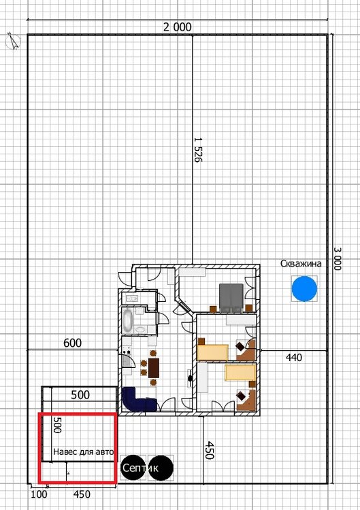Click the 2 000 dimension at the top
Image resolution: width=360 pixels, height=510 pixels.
(x=178, y=27)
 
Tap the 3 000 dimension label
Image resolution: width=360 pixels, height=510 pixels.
(x=338, y=258)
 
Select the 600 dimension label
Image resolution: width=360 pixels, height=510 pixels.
(x=73, y=343)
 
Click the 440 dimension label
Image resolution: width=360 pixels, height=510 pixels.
(x=293, y=358)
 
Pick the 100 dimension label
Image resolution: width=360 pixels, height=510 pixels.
(x=39, y=494)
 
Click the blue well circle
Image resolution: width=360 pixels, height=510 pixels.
(x=304, y=288)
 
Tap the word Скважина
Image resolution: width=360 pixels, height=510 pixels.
(x=301, y=263)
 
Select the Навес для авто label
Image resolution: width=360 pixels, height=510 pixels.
(x=83, y=452)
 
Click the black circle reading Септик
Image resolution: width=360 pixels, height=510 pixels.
(x=133, y=468)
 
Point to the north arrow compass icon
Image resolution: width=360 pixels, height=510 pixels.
(x=14, y=41)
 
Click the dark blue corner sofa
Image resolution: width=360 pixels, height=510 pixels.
(x=140, y=399)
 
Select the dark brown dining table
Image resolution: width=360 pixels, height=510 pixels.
(x=154, y=368)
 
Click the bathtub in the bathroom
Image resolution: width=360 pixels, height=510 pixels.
(x=127, y=321)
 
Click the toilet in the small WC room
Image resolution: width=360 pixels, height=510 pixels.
(x=132, y=299)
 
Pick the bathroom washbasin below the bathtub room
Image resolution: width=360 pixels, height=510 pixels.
(x=141, y=329)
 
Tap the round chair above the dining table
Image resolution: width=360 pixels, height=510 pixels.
(x=153, y=353)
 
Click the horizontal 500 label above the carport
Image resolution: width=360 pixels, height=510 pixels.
(x=80, y=394)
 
